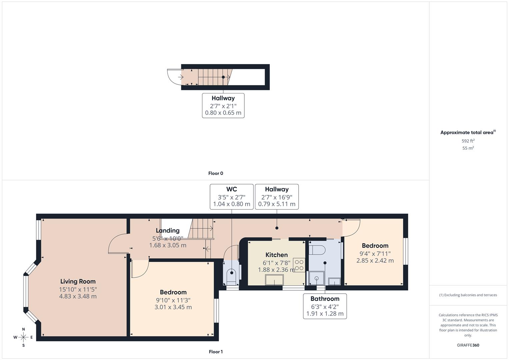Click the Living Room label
(78, 281)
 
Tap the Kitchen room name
(276, 255)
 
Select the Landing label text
(168, 230)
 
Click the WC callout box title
(231, 189)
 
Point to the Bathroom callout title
(325, 299)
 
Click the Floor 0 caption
(216, 173)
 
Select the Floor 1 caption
(216, 352)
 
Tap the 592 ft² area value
(468, 141)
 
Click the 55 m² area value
(468, 148)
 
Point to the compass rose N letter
(23, 329)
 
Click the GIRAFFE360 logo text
(468, 345)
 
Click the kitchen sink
(274, 280)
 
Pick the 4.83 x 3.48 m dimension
(78, 296)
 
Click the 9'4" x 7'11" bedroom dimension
(375, 254)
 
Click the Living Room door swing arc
(116, 245)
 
